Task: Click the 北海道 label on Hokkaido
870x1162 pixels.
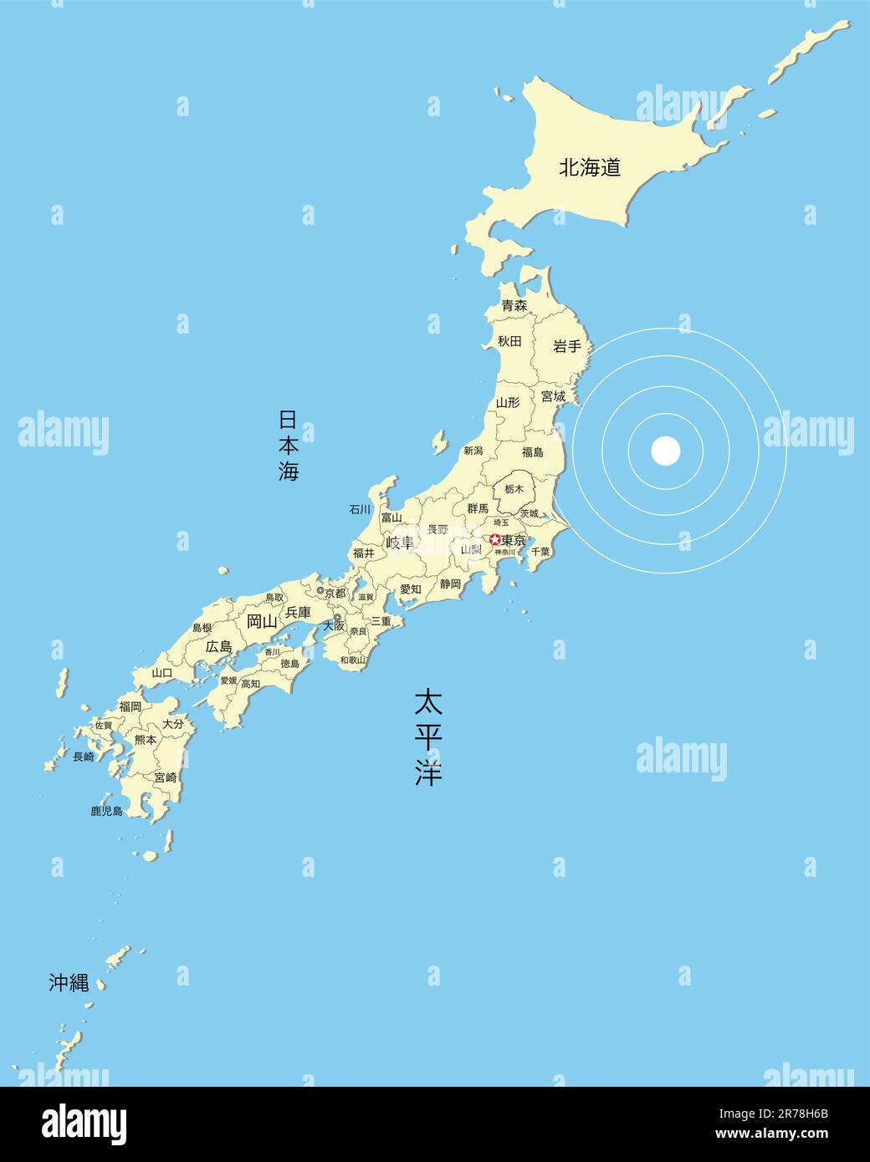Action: (x=590, y=167)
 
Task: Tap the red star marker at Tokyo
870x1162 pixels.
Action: (x=494, y=539)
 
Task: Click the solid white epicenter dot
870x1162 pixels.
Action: (x=666, y=451)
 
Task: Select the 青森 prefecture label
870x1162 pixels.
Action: (x=514, y=306)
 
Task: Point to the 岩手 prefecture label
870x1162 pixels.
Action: (x=567, y=346)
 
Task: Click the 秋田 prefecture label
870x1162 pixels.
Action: (x=509, y=341)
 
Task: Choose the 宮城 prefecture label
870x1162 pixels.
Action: (x=553, y=395)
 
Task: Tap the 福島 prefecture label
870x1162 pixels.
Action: (x=532, y=452)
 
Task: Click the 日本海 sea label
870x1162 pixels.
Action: (x=289, y=445)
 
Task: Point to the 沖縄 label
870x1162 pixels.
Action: (x=69, y=983)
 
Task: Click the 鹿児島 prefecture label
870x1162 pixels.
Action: (x=106, y=811)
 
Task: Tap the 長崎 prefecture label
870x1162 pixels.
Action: (x=84, y=757)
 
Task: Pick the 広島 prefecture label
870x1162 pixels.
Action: (x=219, y=647)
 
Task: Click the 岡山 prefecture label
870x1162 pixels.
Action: (x=262, y=621)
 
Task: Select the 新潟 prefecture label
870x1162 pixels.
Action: (x=473, y=451)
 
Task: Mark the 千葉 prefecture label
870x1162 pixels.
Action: (x=540, y=552)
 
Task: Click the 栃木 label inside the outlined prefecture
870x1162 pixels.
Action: (x=514, y=489)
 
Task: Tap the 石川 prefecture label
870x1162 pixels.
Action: (x=360, y=509)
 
